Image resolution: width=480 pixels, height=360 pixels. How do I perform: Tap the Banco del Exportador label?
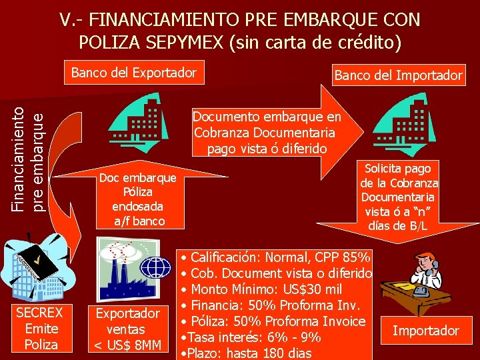click(x=134, y=72)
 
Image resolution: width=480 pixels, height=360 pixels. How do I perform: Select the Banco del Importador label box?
click(x=398, y=75)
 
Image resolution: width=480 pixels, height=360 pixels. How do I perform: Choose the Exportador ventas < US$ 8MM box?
click(x=128, y=329)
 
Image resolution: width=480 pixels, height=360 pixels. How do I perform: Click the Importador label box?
click(x=425, y=331)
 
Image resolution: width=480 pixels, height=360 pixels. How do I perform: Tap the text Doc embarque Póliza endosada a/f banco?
click(x=137, y=199)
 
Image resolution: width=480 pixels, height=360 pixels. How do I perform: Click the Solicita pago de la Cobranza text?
click(x=399, y=197)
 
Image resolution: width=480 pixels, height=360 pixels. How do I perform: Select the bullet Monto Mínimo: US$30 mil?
click(x=266, y=289)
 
